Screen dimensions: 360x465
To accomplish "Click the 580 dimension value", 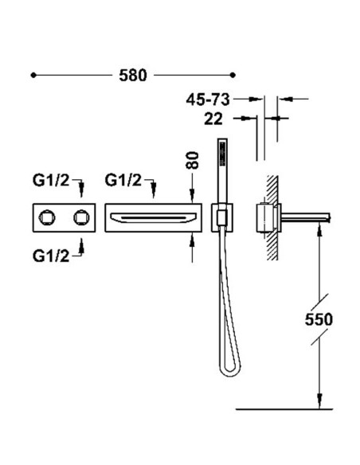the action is pos(133,76).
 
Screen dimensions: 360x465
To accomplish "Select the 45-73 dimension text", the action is pos(208,100).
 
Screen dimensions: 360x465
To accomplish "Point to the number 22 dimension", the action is pos(213,119).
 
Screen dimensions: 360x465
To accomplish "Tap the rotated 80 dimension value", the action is pos(193,160).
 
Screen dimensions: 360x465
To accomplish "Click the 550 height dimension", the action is pos(319,319).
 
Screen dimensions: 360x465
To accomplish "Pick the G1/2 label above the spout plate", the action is pos(123,180).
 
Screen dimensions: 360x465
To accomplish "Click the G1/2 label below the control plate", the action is pos(51,256).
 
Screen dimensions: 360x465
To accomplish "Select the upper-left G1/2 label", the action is pos(51,180).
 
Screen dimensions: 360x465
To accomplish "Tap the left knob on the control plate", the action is pos(47,217).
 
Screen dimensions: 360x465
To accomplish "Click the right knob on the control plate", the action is pos(81,217).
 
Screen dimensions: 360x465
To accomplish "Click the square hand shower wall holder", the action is pos(221,217).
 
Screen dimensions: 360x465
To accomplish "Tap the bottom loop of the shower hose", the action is pos(229,370).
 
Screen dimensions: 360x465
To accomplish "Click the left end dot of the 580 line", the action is pos(33,76).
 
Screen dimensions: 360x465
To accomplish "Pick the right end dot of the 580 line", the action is pos(233,75).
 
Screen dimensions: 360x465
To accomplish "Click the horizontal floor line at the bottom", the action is pos(284,409).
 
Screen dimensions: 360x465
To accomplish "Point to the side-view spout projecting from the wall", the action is pos(305,218).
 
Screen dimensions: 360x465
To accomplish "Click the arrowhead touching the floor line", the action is pos(319,401).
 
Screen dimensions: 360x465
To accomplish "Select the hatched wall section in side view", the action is pos(272,218).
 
